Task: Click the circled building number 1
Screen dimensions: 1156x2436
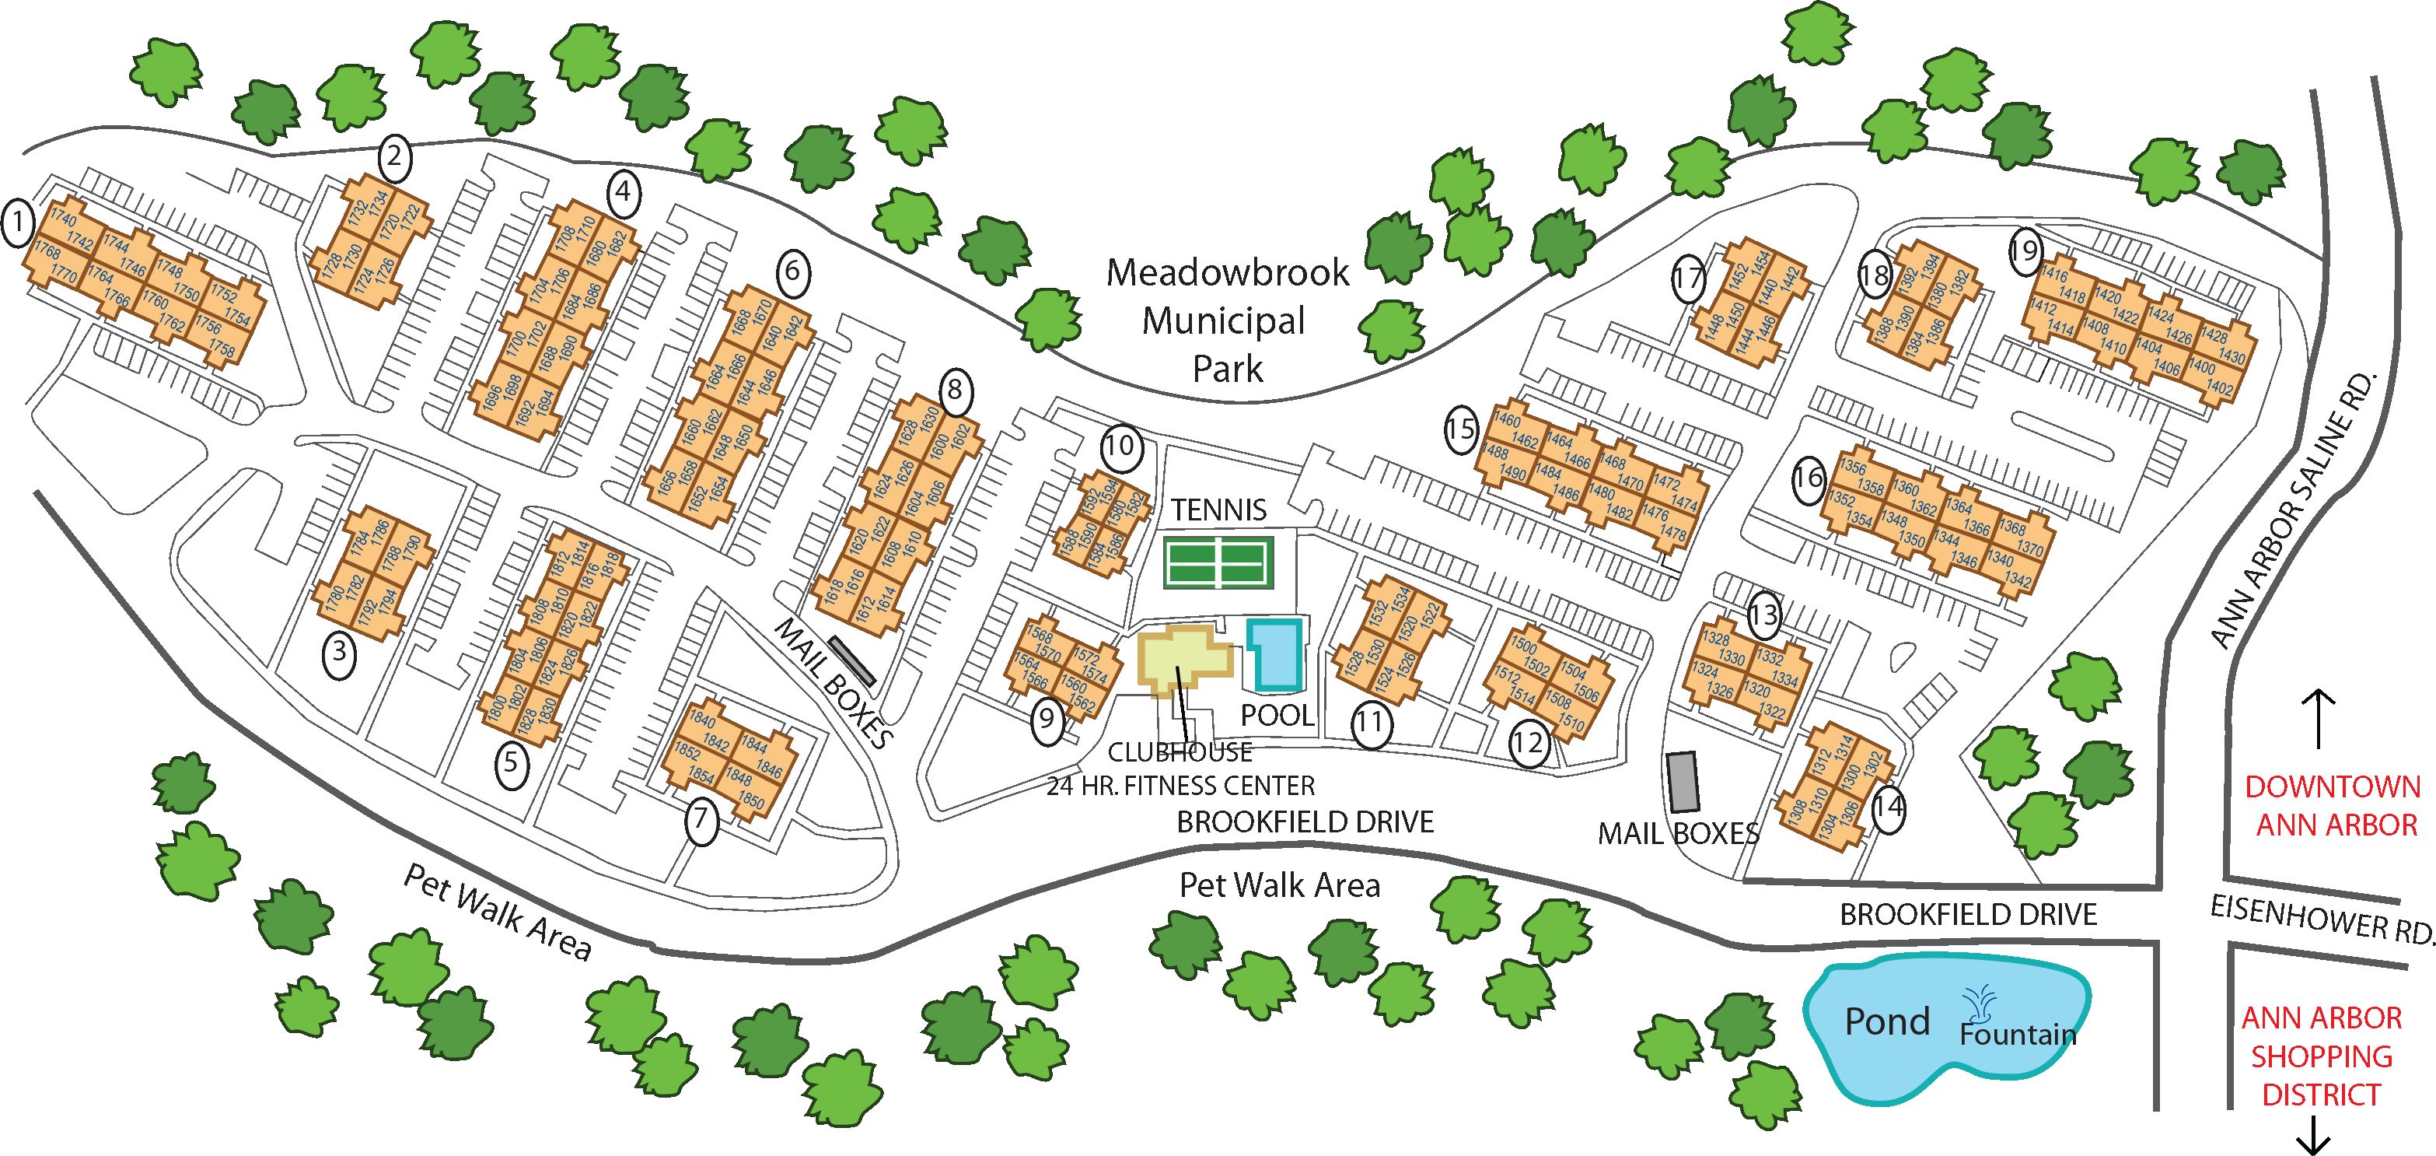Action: coord(17,224)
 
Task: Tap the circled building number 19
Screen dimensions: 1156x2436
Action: coord(2025,250)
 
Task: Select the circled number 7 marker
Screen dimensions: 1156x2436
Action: coord(701,819)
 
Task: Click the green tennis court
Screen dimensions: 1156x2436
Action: coord(1218,562)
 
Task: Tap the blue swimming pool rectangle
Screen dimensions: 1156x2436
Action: coord(1277,654)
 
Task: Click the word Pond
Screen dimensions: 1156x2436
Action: coord(1886,1021)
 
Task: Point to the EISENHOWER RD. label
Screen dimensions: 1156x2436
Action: coord(2322,919)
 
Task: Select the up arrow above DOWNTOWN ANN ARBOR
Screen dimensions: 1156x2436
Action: coord(2318,718)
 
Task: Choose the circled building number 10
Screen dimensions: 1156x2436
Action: coord(1120,446)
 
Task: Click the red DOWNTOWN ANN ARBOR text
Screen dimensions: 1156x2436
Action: coord(2333,806)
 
